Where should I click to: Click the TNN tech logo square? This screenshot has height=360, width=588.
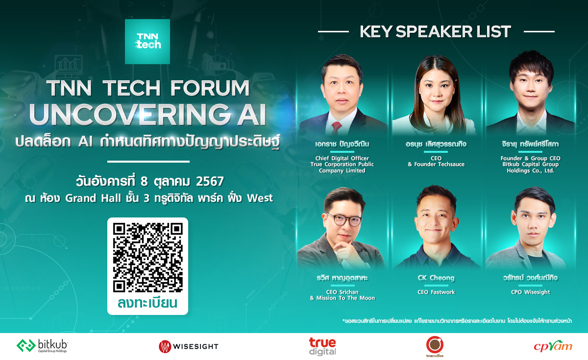pyautogui.click(x=147, y=41)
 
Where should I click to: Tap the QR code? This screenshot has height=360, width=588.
pyautogui.click(x=147, y=257)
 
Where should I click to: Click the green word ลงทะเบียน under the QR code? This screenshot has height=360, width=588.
pyautogui.click(x=147, y=303)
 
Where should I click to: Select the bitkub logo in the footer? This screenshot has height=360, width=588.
pyautogui.click(x=42, y=346)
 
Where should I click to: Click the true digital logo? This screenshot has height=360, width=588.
pyautogui.click(x=322, y=346)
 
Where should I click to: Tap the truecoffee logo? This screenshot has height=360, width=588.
pyautogui.click(x=434, y=346)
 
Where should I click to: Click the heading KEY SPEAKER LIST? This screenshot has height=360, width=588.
pyautogui.click(x=435, y=32)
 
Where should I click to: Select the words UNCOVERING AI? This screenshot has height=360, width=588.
pyautogui.click(x=147, y=114)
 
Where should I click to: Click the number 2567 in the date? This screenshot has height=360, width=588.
pyautogui.click(x=210, y=181)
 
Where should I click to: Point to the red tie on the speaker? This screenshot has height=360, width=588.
pyautogui.click(x=336, y=128)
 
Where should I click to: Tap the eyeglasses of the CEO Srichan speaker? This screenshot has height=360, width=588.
pyautogui.click(x=343, y=220)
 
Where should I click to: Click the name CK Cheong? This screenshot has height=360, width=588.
pyautogui.click(x=436, y=278)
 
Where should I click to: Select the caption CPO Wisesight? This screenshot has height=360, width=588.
pyautogui.click(x=530, y=292)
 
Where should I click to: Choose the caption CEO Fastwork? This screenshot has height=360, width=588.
pyautogui.click(x=436, y=292)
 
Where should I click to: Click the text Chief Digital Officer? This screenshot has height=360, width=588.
pyautogui.click(x=342, y=158)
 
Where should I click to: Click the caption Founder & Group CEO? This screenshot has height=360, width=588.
pyautogui.click(x=530, y=158)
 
